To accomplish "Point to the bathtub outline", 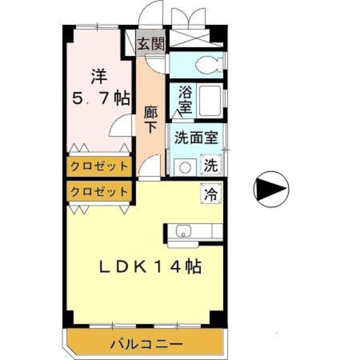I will point(208,100).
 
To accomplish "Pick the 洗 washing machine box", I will point(210,165).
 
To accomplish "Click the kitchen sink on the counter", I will point(184,231).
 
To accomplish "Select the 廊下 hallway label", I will point(151,119).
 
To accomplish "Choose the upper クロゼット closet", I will point(100,166).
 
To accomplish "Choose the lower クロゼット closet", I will point(100,191).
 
